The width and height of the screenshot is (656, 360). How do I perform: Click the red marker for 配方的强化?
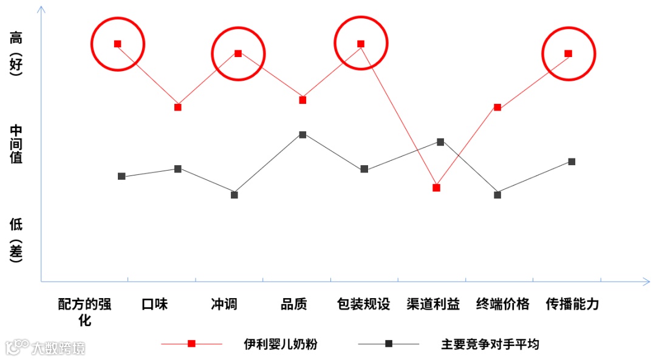pos(117,44)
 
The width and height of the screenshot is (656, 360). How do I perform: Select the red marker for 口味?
pos(177,107)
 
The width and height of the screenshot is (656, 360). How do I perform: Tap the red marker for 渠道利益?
pos(436,188)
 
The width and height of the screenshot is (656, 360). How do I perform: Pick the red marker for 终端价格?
pos(497,107)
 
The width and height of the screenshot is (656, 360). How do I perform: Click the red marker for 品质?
pos(302,100)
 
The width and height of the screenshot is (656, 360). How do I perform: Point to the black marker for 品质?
pos(302,134)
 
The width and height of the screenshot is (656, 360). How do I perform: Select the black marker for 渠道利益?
pos(441,141)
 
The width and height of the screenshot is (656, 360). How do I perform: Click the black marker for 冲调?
pos(234,194)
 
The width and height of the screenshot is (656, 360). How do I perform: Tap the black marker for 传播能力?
pos(572,161)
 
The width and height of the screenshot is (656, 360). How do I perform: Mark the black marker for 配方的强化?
pos(121,176)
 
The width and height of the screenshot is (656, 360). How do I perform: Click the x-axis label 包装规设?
pos(363,304)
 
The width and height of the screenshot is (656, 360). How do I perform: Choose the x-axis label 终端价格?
pos(503,304)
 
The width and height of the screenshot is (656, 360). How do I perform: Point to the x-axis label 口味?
pos(154,304)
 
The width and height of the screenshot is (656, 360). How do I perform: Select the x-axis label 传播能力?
pos(572,304)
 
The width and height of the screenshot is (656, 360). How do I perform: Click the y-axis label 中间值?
pos(16,144)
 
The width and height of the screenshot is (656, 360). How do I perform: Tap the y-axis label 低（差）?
pos(16,240)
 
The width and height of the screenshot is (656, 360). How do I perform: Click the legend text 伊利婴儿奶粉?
pos(281,344)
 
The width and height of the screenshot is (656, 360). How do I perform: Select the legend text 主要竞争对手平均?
pos(490,344)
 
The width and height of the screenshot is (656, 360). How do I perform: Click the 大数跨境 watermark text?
pos(58,348)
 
